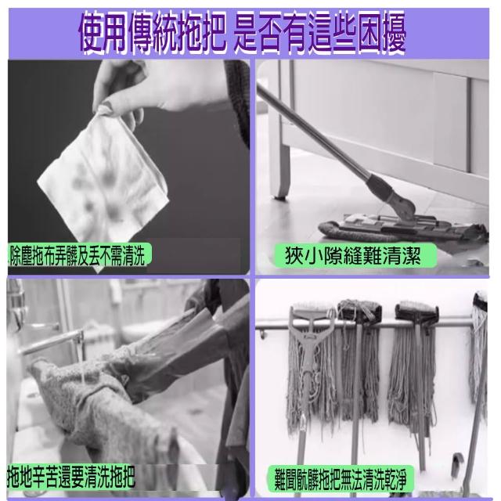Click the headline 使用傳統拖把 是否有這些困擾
[x=242, y=32]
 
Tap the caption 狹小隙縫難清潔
[x=352, y=255]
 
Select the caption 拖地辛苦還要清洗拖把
[x=71, y=477]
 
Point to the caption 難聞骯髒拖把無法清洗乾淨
[x=341, y=479]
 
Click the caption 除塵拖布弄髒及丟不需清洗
[x=77, y=254]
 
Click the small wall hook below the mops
[x=457, y=463]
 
